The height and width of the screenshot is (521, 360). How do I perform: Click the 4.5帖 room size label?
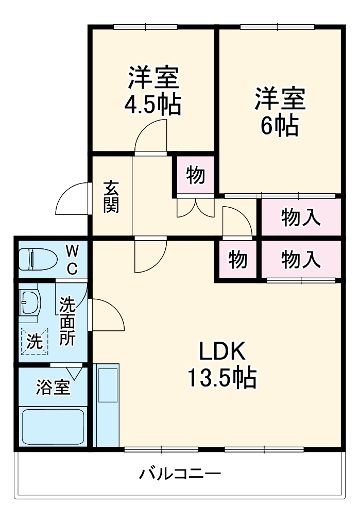[x=152, y=105]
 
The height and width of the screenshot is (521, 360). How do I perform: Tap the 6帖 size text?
[x=280, y=125]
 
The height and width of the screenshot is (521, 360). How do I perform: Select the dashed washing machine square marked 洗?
[x=34, y=341]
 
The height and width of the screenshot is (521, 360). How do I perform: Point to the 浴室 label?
[x=53, y=387]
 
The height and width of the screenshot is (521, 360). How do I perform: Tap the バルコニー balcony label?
[x=180, y=473]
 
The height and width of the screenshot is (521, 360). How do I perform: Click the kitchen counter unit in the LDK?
[x=107, y=405]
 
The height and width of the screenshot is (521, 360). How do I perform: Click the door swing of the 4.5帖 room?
[x=152, y=135]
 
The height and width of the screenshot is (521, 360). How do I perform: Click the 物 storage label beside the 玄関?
[x=195, y=176]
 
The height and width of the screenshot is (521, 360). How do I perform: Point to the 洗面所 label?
[x=67, y=321]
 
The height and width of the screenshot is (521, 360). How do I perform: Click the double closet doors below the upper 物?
[x=195, y=207]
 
